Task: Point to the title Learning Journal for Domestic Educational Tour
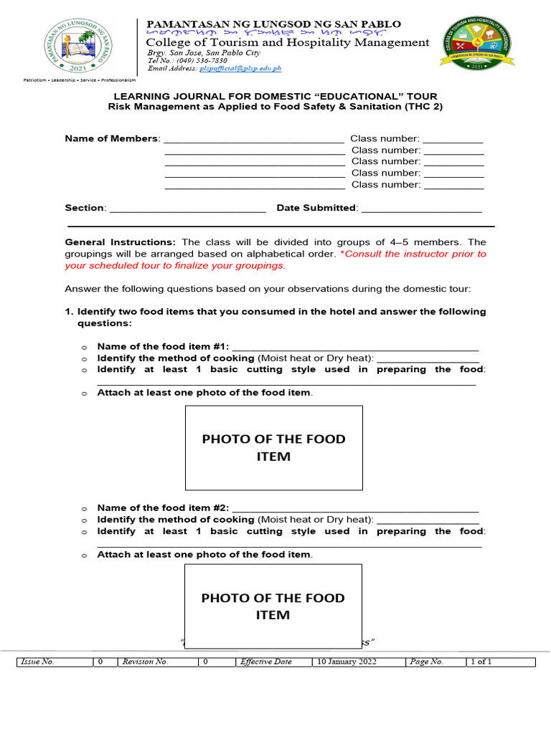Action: [275, 96]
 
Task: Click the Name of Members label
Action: [111, 138]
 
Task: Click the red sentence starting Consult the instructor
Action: [275, 259]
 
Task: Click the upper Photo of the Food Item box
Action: [274, 447]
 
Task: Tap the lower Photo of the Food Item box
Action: [273, 606]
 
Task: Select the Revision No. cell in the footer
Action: [145, 662]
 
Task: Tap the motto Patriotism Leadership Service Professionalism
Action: [79, 80]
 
